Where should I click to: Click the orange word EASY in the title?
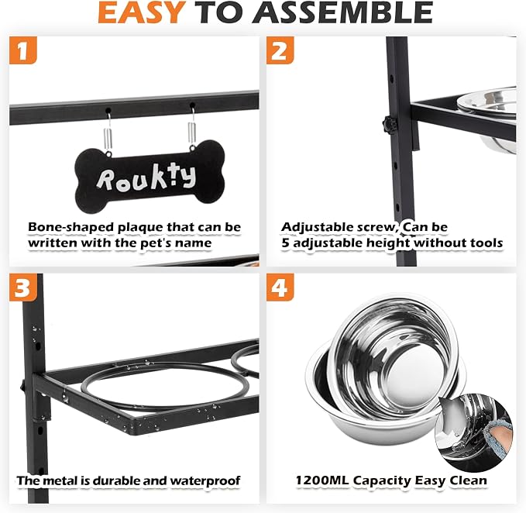[x=142, y=12]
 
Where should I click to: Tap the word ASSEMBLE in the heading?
[x=343, y=12]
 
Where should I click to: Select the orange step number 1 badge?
[x=22, y=50]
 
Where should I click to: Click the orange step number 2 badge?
[x=280, y=50]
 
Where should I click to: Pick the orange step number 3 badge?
[x=22, y=287]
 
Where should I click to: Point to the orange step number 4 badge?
[x=280, y=287]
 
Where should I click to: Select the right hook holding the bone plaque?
[x=192, y=127]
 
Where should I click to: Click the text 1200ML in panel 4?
[x=322, y=480]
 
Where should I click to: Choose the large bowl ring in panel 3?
[x=166, y=386]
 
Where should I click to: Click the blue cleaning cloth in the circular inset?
[x=499, y=439]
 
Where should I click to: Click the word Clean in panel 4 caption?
[x=469, y=480]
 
